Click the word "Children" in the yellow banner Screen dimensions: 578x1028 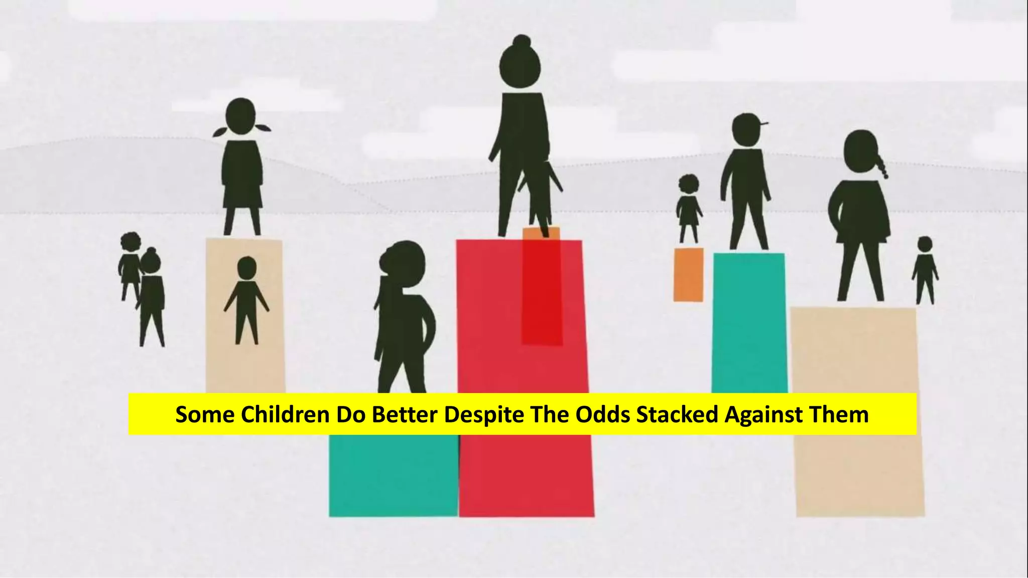coord(284,414)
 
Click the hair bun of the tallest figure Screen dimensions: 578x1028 coord(522,42)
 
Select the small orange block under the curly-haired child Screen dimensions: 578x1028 coord(688,274)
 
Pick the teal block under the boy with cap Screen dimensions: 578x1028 coord(749,321)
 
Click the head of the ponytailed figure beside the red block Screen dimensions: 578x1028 coord(403,261)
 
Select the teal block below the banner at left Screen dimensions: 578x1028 coord(394,474)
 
